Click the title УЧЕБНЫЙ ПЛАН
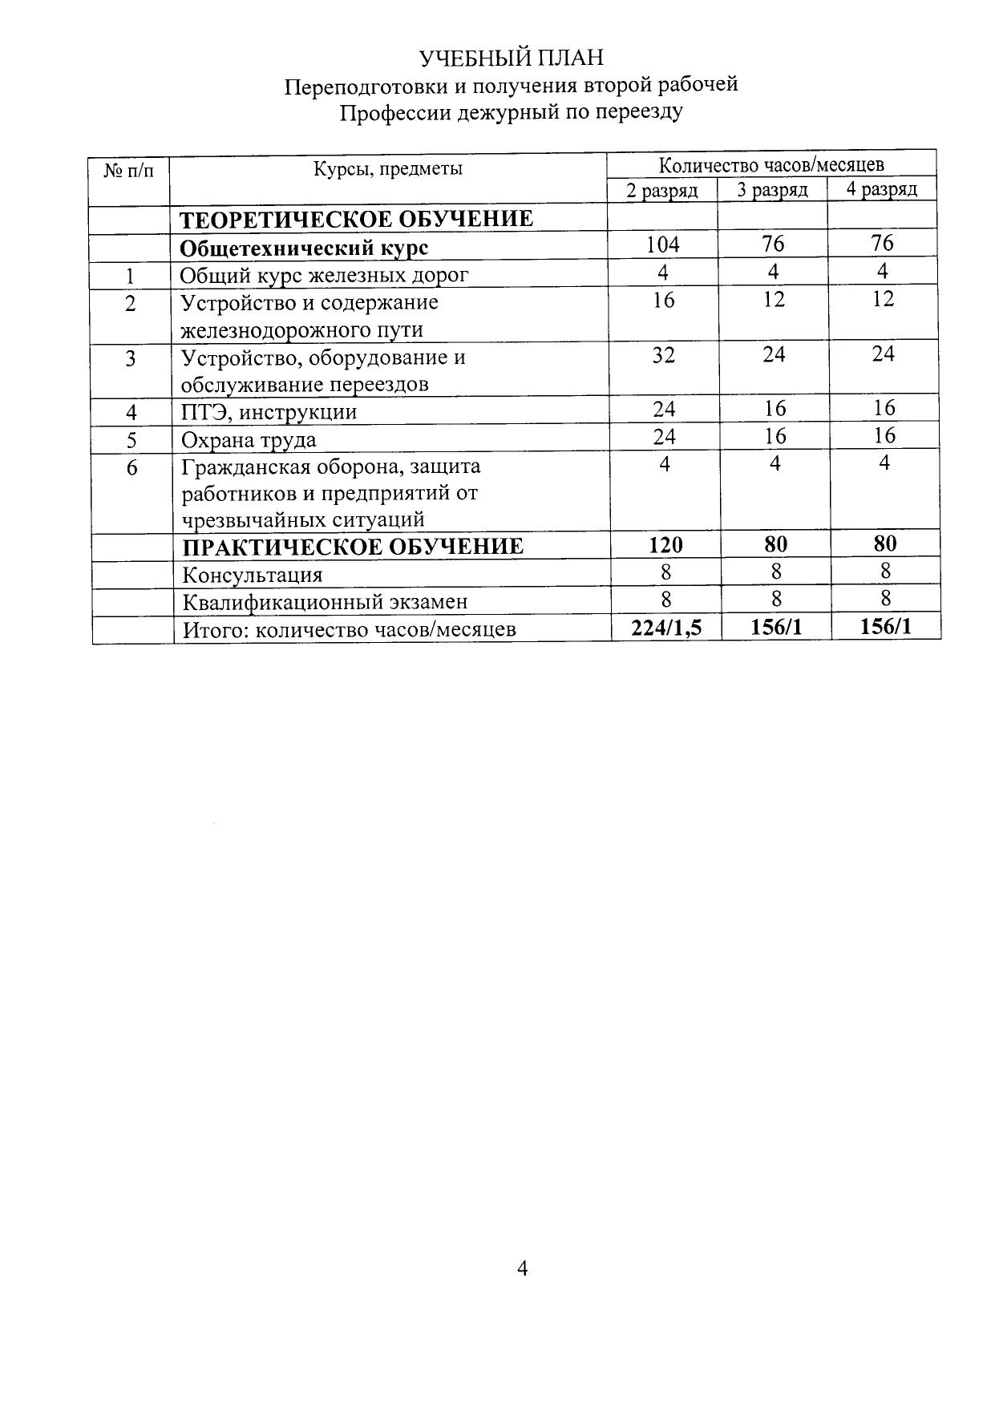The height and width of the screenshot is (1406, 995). pos(512,59)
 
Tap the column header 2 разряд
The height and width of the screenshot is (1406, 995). pos(662,191)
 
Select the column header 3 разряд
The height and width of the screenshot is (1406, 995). pos(772,191)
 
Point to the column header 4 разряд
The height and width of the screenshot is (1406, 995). pos(882,190)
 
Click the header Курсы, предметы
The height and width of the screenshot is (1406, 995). pos(388,169)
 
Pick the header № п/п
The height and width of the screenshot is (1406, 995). pos(129,170)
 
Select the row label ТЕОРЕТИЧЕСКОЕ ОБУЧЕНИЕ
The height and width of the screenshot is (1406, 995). pos(356,220)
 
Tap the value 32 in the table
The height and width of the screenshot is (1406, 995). pos(663,355)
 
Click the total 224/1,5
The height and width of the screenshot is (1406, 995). pos(666,628)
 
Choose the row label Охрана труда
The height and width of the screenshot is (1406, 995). pos(249,440)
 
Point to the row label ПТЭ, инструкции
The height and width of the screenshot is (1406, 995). pos(269,413)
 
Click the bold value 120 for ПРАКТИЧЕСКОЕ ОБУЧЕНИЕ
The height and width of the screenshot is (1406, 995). pos(665,545)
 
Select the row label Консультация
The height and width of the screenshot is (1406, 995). pos(253,575)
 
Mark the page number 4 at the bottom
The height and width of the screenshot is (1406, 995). pos(522,1268)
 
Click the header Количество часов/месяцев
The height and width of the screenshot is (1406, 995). pos(771,165)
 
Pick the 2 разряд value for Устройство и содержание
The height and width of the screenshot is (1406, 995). pos(664,301)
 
